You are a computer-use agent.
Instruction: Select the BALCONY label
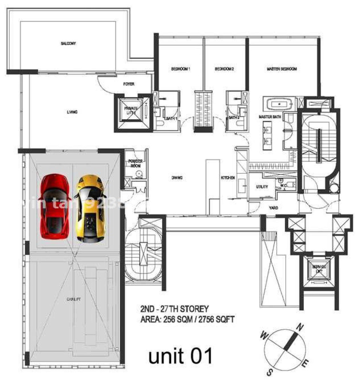point(68,43)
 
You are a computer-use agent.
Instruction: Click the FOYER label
point(129,84)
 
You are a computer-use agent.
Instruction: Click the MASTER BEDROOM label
point(282,69)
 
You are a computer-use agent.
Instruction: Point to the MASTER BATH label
point(270,117)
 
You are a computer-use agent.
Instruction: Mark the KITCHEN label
point(227,178)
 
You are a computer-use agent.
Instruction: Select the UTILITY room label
point(262,186)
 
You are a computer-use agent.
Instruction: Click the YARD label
point(274,208)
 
